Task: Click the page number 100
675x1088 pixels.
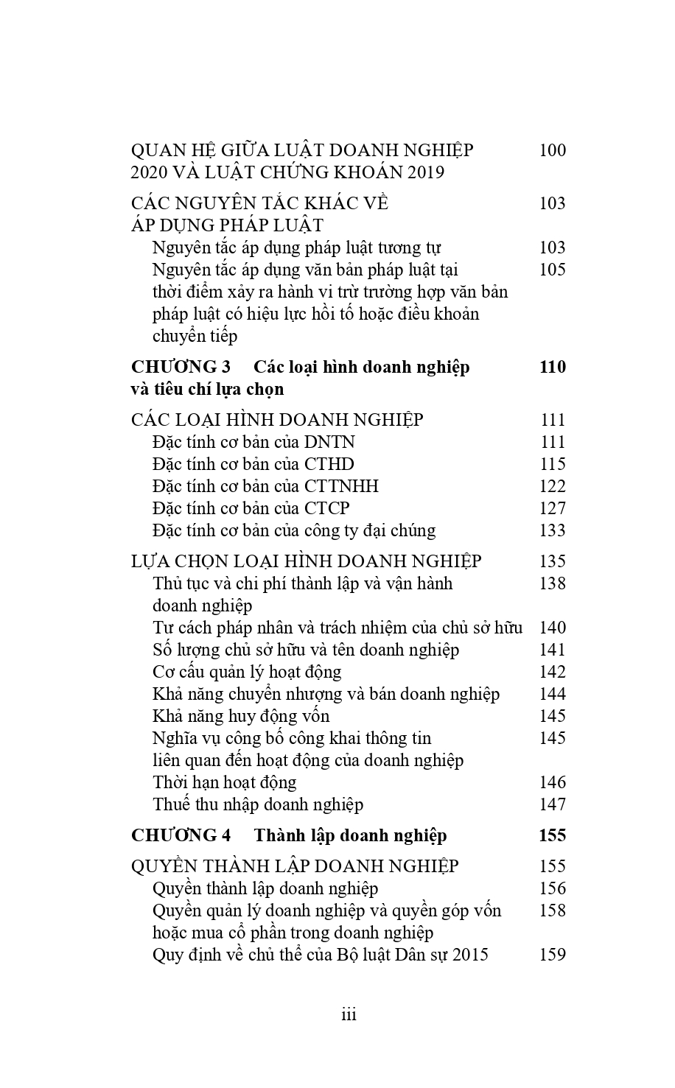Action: click(x=552, y=150)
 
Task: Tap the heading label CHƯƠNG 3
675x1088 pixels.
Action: click(x=181, y=367)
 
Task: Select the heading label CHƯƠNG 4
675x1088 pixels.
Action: click(x=181, y=835)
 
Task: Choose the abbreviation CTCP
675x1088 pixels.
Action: click(x=326, y=508)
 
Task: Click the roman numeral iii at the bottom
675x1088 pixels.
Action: click(x=349, y=1014)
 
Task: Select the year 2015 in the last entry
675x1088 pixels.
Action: click(x=468, y=955)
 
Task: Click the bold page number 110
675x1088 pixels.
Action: click(x=552, y=367)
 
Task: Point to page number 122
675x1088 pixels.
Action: click(x=552, y=486)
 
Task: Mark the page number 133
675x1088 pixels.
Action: click(x=552, y=530)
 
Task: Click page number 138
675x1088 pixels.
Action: click(x=552, y=583)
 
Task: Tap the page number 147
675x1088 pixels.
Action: click(x=552, y=804)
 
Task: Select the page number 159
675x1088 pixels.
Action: click(x=552, y=955)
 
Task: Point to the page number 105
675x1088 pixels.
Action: click(x=552, y=270)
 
